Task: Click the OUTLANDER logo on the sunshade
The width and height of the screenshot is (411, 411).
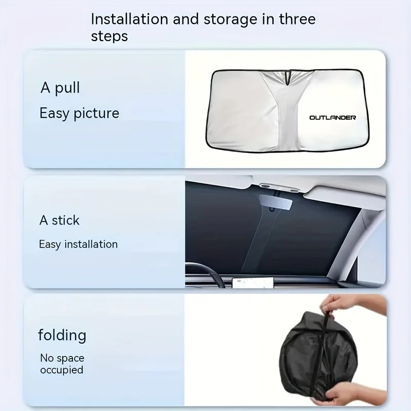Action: [332, 118]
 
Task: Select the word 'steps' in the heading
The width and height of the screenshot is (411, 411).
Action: [109, 37]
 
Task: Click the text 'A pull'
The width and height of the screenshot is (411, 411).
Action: [60, 88]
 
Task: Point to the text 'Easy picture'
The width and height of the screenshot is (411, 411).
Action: [79, 113]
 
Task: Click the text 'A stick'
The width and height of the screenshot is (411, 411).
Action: [60, 220]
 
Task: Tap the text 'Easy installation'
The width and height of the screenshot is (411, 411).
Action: [78, 244]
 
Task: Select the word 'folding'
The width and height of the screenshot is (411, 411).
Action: [62, 335]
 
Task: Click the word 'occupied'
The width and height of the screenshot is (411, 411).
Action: [62, 370]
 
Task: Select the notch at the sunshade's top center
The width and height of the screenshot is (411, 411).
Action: [289, 77]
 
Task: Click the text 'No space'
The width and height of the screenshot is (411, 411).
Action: [62, 358]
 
